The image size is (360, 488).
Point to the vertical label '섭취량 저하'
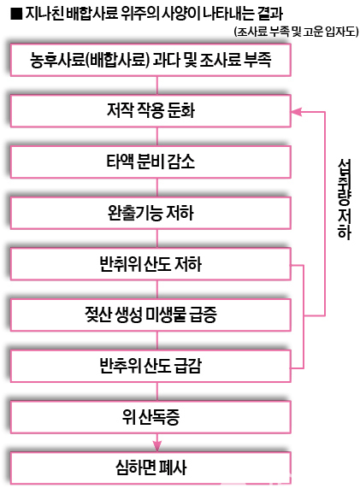click(345, 199)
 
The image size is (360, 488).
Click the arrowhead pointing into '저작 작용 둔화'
click(296, 112)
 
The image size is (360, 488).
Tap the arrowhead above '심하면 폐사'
click(157, 446)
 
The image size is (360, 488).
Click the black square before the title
click(16, 14)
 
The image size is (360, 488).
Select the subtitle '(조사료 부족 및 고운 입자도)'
click(296, 32)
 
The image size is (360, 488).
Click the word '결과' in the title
click(270, 14)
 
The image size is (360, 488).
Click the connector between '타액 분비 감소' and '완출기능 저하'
click(157, 188)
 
